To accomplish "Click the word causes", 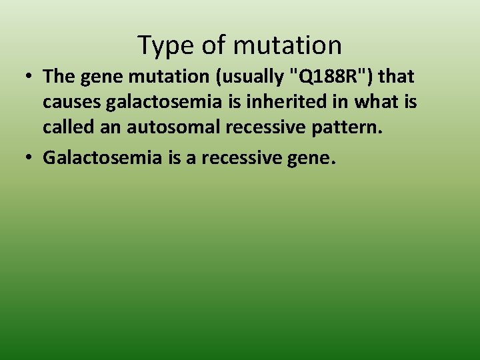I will [71, 103].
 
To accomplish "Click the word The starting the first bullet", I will [59, 77].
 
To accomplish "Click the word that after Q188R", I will [396, 77].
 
